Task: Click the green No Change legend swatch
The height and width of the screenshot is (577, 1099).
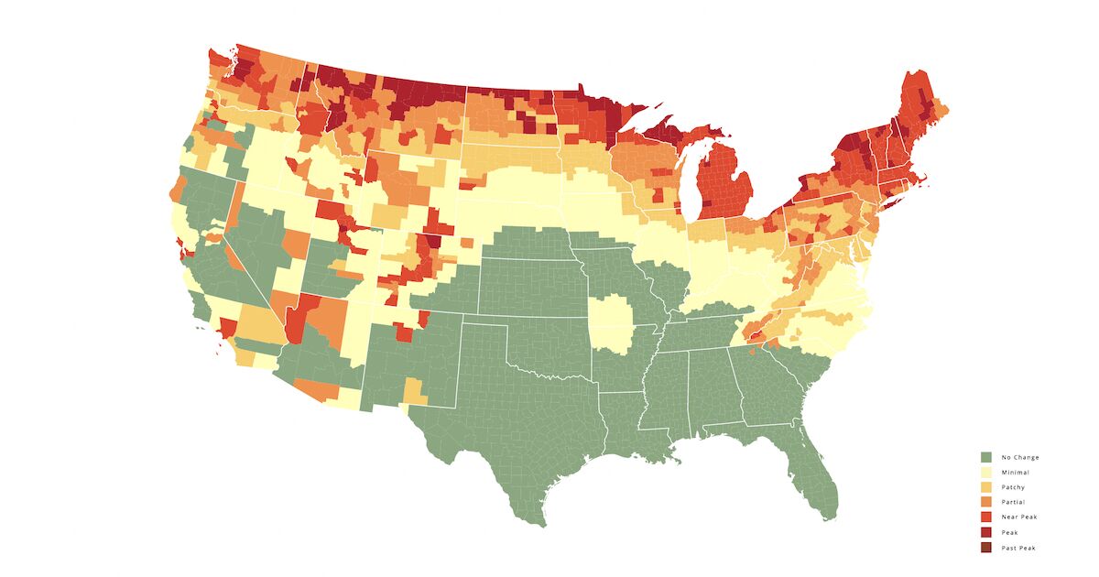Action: [986, 457]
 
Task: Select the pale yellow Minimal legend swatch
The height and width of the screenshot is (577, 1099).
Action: [986, 472]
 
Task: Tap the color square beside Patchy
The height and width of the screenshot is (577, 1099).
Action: [986, 487]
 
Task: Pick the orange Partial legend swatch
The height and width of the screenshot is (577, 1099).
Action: [986, 502]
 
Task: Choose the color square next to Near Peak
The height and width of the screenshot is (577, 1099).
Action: [986, 517]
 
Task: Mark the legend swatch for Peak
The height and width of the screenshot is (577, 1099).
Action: [986, 532]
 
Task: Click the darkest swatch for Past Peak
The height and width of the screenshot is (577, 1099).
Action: [986, 548]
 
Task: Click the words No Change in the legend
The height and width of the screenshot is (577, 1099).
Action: [1020, 457]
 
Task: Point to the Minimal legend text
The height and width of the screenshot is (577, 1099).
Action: [1016, 472]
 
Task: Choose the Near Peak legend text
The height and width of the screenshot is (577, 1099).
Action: [1019, 517]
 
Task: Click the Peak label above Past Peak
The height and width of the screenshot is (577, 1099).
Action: [1009, 532]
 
